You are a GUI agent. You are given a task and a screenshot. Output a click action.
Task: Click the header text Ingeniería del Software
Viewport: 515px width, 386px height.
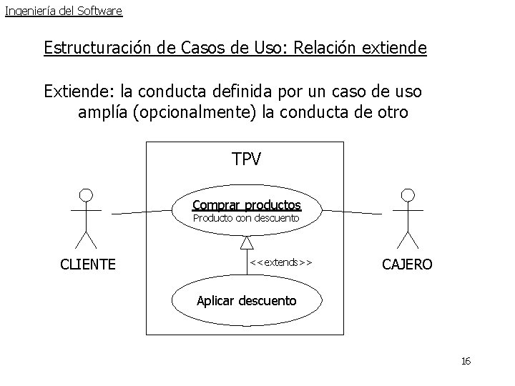pos(63,11)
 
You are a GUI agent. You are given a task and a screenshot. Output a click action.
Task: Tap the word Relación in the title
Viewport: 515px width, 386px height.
pos(301,49)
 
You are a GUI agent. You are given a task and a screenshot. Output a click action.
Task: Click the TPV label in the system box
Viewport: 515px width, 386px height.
pos(247,159)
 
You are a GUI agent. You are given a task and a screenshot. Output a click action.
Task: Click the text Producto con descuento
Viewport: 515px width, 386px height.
pos(246,218)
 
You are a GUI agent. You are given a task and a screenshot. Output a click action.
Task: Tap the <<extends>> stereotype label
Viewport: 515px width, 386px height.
pos(281,262)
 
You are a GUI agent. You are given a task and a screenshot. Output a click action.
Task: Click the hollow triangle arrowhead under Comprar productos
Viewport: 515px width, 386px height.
pos(247,242)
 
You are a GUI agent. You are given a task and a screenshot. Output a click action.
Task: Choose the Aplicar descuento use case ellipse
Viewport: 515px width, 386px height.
pos(247,300)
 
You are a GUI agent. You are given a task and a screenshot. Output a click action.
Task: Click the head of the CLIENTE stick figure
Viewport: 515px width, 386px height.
pos(86,194)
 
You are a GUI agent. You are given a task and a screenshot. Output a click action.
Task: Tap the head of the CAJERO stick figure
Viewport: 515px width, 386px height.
pos(408,194)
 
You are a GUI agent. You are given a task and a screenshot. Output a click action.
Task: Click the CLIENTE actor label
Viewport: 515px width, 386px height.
pos(88,264)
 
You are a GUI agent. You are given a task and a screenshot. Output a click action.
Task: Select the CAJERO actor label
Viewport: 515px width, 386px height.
pos(407,264)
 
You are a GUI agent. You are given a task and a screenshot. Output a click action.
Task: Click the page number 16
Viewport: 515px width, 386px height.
pos(466,362)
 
